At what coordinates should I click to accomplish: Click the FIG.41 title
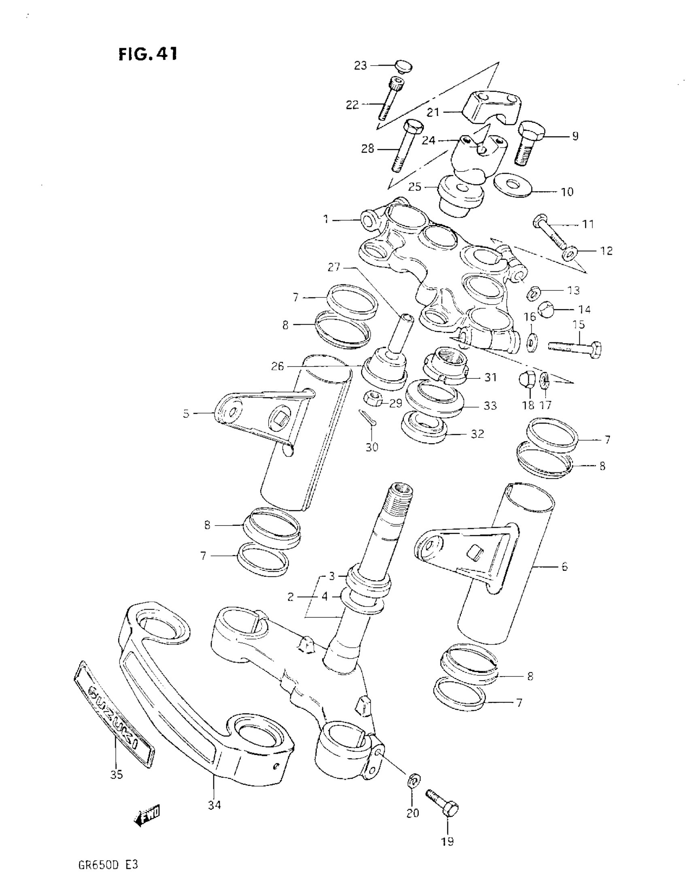click(x=148, y=54)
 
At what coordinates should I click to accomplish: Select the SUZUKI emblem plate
click(x=114, y=713)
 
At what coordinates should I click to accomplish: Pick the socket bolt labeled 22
click(x=391, y=98)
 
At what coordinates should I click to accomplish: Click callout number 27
click(x=334, y=267)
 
